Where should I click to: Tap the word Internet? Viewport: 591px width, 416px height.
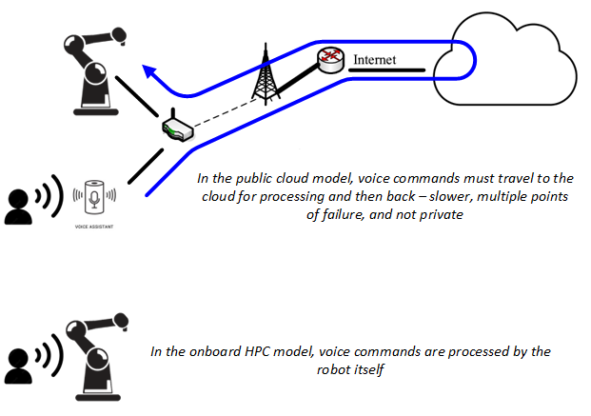pyautogui.click(x=373, y=60)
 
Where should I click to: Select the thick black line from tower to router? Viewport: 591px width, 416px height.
pyautogui.click(x=296, y=80)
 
